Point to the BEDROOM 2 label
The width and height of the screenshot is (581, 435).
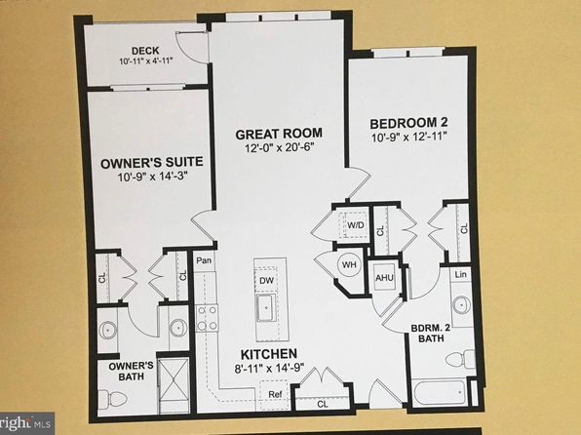coord(407,124)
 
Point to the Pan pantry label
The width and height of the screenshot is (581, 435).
coord(204,260)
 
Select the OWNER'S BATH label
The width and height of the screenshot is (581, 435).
coord(124,373)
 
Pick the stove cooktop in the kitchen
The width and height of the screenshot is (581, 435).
coord(207,316)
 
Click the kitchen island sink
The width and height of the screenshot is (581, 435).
coord(265,309)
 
